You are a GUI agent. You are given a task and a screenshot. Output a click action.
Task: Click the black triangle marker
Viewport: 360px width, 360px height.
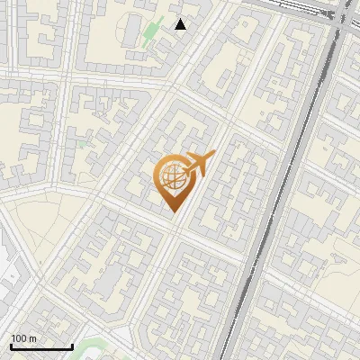click(x=181, y=24)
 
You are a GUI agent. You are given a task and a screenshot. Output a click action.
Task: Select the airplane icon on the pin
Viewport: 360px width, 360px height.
click(x=199, y=164)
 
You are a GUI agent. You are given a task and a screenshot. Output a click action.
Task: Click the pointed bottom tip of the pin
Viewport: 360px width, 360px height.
click(x=173, y=212)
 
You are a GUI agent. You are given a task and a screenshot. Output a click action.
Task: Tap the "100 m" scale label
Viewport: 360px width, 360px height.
click(x=24, y=338)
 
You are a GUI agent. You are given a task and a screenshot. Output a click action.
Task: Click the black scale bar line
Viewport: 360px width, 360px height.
click(x=41, y=346)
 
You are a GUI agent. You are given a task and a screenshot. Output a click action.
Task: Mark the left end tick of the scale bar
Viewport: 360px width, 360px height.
click(x=11, y=345)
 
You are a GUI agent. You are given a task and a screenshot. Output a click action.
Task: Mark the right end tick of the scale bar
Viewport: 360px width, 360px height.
click(x=72, y=345)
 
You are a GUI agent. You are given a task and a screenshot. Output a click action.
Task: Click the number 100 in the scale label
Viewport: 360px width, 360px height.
click(x=20, y=338)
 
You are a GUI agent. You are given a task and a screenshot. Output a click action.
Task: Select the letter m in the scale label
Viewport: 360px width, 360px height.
click(x=34, y=338)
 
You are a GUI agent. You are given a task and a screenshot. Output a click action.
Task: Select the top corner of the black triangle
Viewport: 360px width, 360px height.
click(x=181, y=19)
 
